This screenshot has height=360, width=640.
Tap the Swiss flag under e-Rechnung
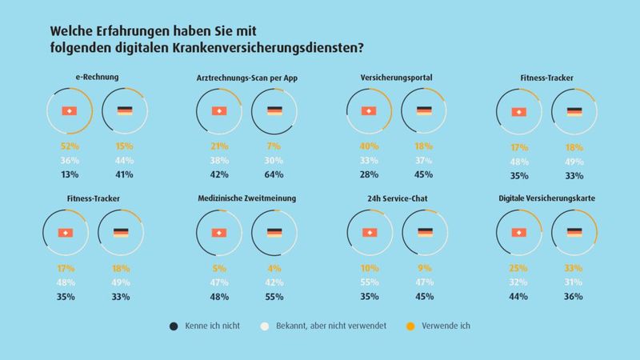[69, 111]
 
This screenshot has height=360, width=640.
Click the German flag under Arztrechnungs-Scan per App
[275, 111]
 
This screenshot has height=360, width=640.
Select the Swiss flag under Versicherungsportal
[369, 111]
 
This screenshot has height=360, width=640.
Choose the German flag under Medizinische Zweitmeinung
[275, 233]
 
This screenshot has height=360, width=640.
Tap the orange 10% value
[369, 268]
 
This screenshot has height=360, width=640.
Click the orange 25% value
[519, 268]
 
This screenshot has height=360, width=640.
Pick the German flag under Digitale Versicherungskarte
[574, 233]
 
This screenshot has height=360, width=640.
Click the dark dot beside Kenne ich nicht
[174, 326]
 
